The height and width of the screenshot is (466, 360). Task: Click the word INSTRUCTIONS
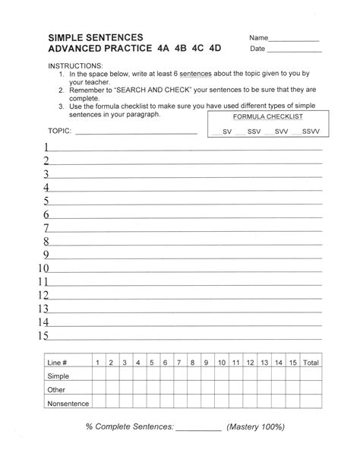74,66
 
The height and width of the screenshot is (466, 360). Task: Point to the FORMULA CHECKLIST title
268,118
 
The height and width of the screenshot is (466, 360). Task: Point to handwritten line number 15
43,335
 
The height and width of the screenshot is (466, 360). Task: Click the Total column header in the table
311,363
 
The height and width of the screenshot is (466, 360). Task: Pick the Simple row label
58,376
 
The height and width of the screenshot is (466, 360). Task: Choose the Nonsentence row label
68,404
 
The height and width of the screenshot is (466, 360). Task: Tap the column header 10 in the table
222,363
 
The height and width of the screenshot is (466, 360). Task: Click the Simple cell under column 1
97,376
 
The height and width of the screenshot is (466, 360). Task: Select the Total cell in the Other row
311,390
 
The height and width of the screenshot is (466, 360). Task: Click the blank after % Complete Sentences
198,429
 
